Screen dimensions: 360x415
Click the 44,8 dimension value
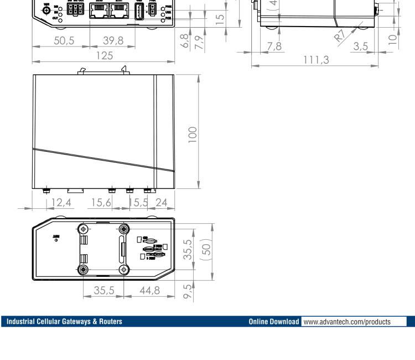[x=148, y=290]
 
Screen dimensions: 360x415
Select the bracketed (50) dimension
[x=205, y=250]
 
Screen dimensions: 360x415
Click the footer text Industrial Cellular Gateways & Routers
[x=64, y=321]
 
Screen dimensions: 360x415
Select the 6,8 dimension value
[x=183, y=42]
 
